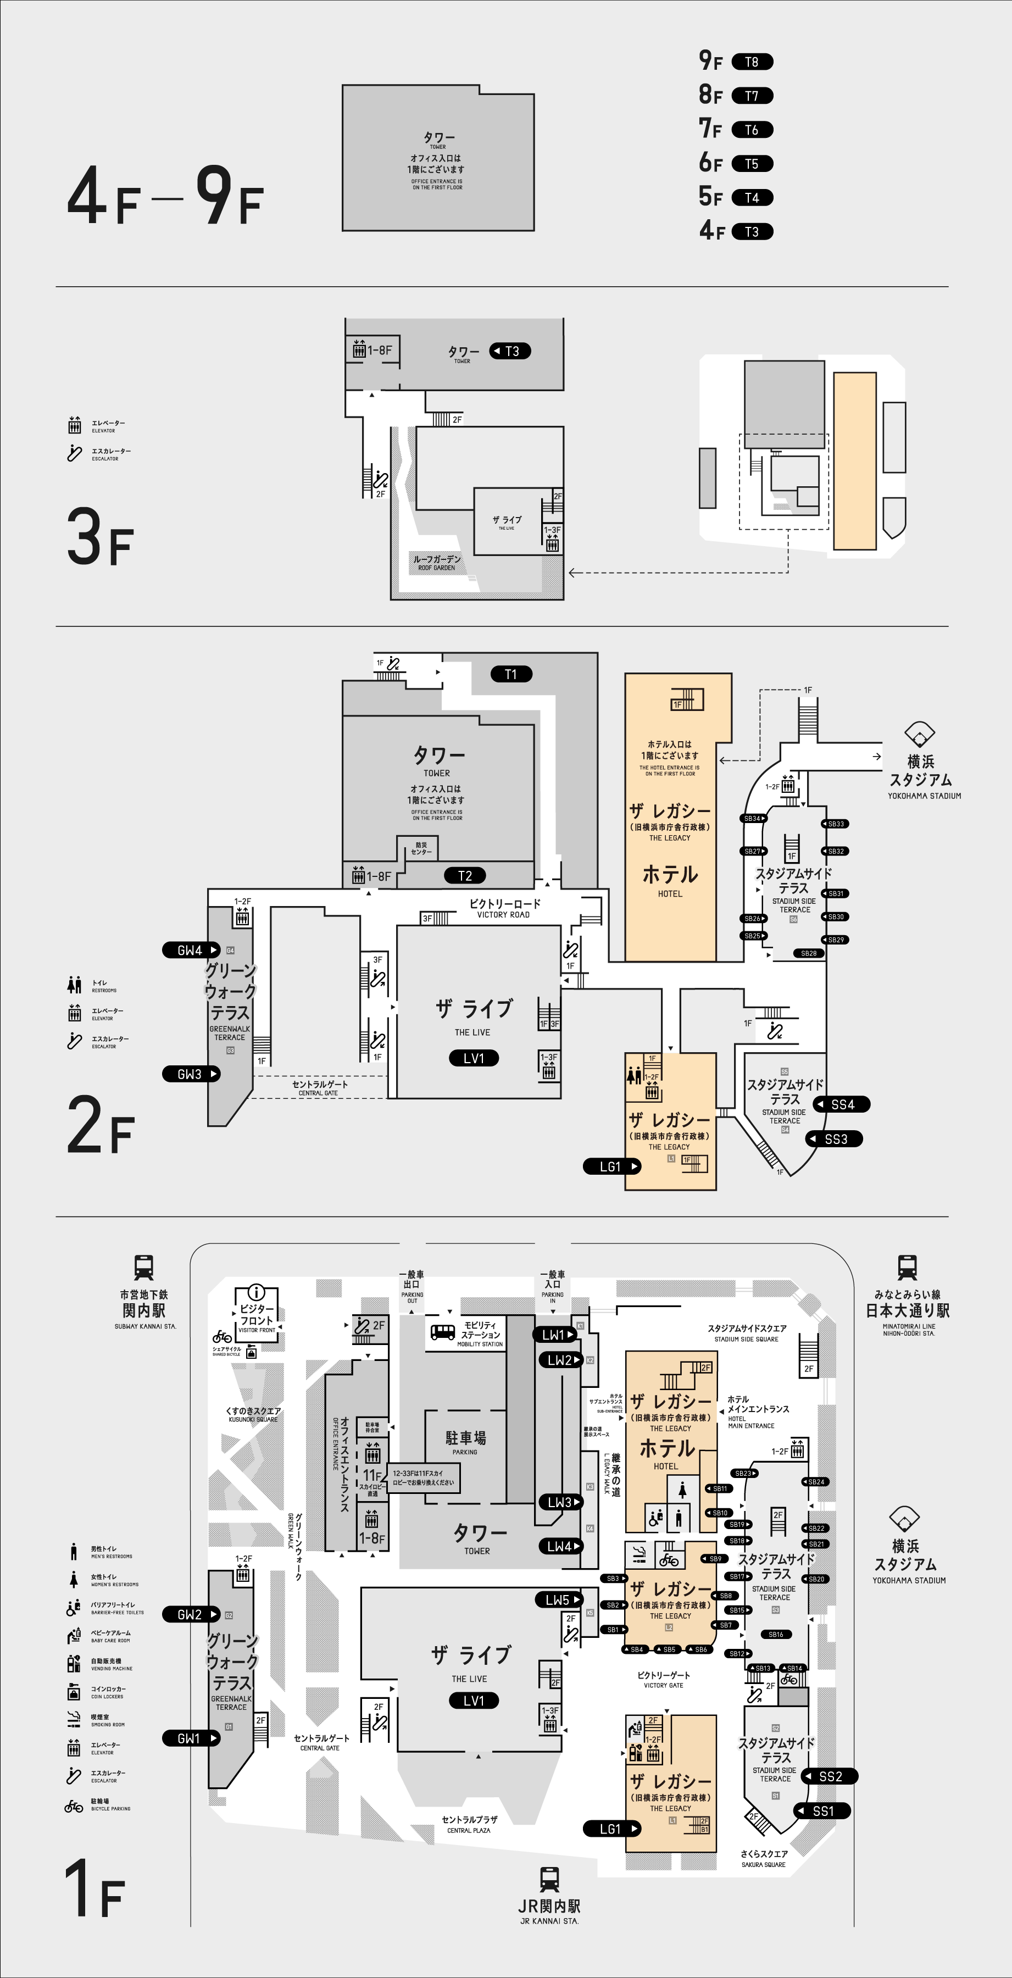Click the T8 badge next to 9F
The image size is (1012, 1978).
(752, 62)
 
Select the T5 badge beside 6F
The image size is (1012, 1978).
(752, 164)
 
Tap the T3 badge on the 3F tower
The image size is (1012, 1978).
(510, 351)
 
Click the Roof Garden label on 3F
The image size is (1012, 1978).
(437, 562)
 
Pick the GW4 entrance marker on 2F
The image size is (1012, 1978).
(191, 950)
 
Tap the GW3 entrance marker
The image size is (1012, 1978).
(191, 1074)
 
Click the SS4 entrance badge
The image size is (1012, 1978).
(842, 1104)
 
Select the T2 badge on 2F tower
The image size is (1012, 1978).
(465, 875)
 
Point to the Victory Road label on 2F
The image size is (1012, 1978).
(504, 908)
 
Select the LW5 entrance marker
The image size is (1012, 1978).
(559, 1599)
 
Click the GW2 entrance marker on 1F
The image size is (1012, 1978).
(191, 1614)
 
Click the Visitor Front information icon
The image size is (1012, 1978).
(257, 1293)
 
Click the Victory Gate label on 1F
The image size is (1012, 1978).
(664, 1679)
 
